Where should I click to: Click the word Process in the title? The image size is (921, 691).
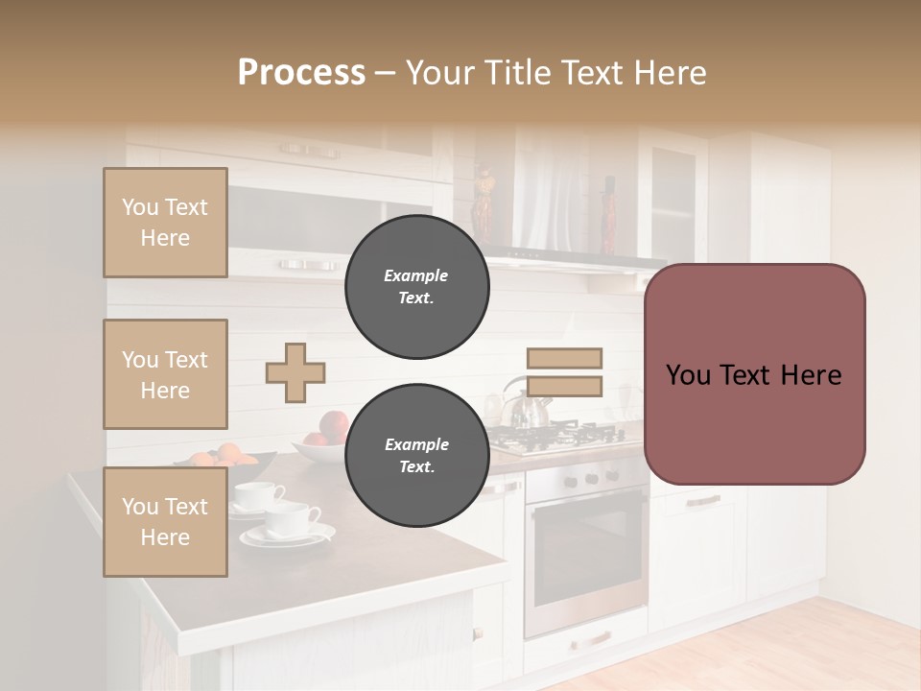301,73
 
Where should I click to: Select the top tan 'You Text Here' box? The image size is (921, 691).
165,223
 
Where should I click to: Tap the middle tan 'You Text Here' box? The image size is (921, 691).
165,374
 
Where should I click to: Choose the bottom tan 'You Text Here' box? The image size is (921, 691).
165,522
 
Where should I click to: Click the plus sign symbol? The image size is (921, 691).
295,372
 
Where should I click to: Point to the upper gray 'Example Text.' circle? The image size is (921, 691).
416,287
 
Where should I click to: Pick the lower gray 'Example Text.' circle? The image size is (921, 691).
416,456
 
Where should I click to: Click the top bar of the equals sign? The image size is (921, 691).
564,359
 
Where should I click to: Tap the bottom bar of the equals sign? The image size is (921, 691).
564,387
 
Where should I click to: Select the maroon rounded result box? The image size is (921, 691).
754,374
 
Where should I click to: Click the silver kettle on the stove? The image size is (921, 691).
526,407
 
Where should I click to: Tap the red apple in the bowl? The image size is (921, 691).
334,425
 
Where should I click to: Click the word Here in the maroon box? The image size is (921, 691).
811,375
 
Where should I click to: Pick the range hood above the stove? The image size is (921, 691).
576,257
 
